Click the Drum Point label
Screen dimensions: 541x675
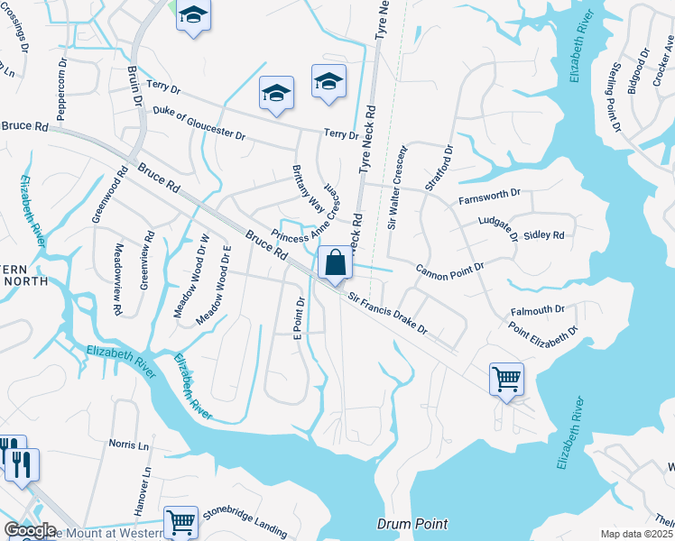[x=411, y=524]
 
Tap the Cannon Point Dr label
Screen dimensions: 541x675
[x=449, y=269]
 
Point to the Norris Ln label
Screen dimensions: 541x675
[x=128, y=445]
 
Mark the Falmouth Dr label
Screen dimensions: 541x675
[x=537, y=309]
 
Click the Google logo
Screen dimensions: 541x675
[x=30, y=531]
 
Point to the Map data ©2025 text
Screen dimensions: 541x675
[x=636, y=534]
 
